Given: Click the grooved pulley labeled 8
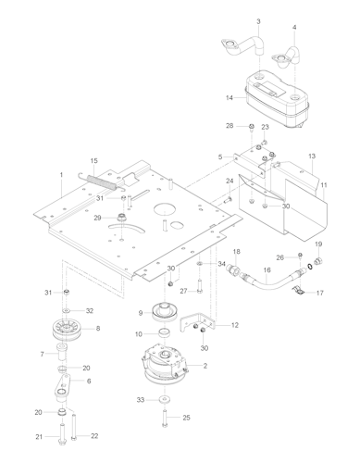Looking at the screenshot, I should pyautogui.click(x=65, y=329).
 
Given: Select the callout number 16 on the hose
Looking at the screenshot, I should pyautogui.click(x=267, y=271).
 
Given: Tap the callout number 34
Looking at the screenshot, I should pyautogui.click(x=221, y=264).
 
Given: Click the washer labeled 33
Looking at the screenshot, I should pyautogui.click(x=163, y=399).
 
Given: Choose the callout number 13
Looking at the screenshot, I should pyautogui.click(x=312, y=156).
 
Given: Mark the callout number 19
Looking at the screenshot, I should pyautogui.click(x=319, y=244).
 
